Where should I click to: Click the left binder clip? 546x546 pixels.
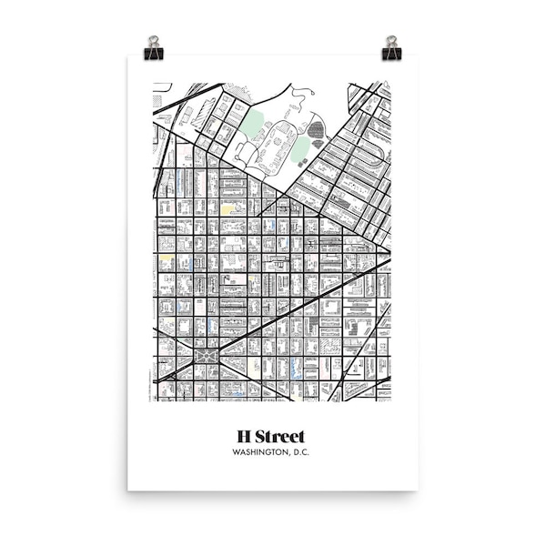(153, 51)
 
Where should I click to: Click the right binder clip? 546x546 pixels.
(391, 51)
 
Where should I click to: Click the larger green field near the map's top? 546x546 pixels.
(252, 121)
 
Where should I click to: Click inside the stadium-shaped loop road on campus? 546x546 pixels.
(278, 146)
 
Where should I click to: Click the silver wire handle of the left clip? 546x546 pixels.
(153, 41)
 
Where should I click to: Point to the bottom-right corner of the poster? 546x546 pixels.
(417, 489)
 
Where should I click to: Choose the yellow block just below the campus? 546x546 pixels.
(227, 208)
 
